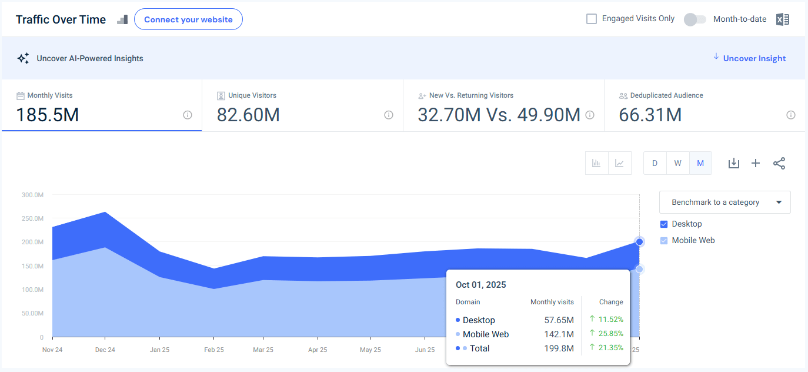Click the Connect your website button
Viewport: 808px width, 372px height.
tap(188, 19)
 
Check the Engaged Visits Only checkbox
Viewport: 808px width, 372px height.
tap(592, 19)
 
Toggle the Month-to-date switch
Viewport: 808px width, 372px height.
tap(695, 19)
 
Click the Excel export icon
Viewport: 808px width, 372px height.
tap(782, 19)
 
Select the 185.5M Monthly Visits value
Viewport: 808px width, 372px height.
tap(47, 115)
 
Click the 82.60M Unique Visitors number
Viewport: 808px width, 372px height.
tap(248, 115)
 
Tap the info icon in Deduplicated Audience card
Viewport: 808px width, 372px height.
tap(791, 115)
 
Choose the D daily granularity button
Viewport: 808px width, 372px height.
tap(655, 163)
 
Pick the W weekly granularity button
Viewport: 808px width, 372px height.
tap(677, 163)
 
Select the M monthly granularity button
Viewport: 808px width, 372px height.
tap(700, 163)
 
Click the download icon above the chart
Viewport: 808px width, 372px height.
tap(733, 163)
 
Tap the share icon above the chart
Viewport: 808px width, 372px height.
tap(779, 163)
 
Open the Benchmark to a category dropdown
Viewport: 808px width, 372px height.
tap(724, 202)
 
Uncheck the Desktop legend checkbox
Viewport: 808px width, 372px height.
tap(664, 224)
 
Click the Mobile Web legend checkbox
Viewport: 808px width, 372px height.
tap(664, 241)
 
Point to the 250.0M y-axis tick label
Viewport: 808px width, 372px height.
tap(32, 218)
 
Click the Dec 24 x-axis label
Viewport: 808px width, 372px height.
tap(105, 350)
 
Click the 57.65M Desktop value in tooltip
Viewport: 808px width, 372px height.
tap(559, 320)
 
